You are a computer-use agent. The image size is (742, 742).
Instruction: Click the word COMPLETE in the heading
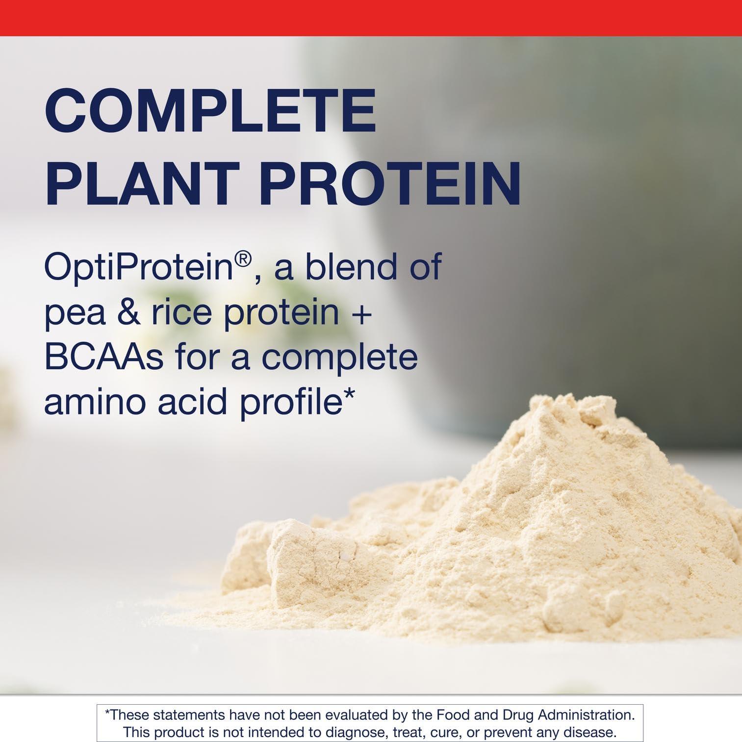(210, 112)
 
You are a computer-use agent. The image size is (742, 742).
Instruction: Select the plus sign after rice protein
(361, 313)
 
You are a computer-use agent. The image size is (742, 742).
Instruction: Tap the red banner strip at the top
(371, 17)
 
